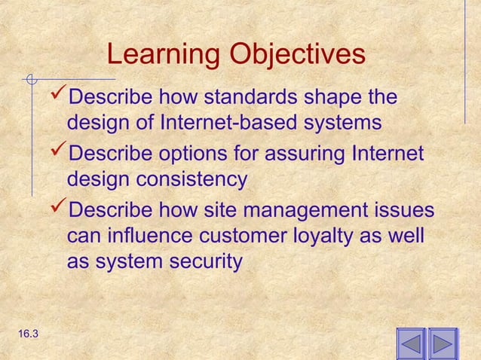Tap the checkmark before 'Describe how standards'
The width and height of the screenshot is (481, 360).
(57, 97)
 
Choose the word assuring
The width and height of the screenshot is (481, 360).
(309, 154)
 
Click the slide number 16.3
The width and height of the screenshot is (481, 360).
(25, 333)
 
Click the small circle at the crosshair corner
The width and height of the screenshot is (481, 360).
(31, 78)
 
